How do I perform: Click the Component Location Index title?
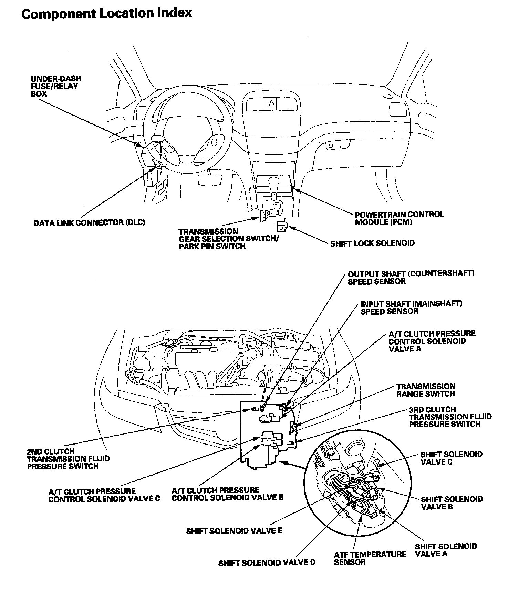pos(106,14)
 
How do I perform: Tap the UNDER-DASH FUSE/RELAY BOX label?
pos(56,86)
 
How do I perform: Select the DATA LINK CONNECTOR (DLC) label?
pos(89,223)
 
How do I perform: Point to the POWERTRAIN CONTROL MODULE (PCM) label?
pos(399,218)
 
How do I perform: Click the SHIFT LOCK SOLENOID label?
pos(372,243)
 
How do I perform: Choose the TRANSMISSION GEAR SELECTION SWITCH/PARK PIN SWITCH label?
pos(229,239)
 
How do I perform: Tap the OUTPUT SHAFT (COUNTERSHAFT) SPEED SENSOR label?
pos(411,277)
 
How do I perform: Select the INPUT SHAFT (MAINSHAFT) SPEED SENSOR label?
pos(411,307)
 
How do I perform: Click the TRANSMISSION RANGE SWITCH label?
pos(425,390)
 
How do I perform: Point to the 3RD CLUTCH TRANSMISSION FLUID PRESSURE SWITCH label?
pos(450,417)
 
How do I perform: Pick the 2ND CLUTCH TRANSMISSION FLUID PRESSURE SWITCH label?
pos(68,459)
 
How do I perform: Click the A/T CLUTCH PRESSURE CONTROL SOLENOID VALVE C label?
pos(104,495)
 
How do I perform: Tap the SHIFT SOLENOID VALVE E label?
pos(234,531)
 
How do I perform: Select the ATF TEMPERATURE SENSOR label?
pos(370,558)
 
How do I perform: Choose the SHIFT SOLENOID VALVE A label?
pos(446,550)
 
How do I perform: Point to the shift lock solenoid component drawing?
pos(281,226)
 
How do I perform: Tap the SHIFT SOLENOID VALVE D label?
pos(267,563)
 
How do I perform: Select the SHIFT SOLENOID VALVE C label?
pos(451,458)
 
